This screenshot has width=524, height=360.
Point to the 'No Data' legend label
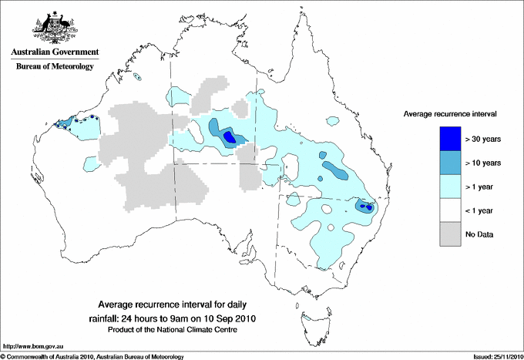[480, 234]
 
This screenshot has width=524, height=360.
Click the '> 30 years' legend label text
[484, 139]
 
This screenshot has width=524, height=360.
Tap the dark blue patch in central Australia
[228, 137]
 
